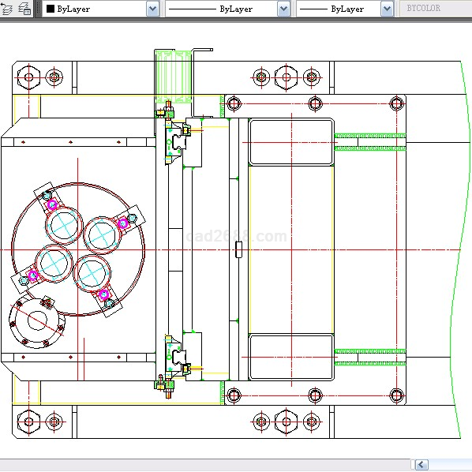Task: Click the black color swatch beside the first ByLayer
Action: [x=51, y=9]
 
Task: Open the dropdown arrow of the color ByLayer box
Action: [x=152, y=9]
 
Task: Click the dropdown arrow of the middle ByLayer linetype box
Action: [x=283, y=9]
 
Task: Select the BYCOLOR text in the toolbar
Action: [x=424, y=8]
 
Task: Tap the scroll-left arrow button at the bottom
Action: [x=421, y=464]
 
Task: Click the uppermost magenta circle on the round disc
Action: [x=52, y=204]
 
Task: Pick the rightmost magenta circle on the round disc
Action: [x=122, y=223]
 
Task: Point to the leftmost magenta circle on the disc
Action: [x=33, y=275]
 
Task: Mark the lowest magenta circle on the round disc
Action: [x=103, y=294]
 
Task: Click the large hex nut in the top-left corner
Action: [x=29, y=77]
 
